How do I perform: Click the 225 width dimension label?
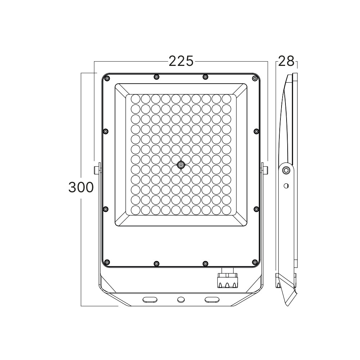pyautogui.click(x=181, y=61)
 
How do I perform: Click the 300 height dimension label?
pyautogui.click(x=81, y=187)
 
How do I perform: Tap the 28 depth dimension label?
pyautogui.click(x=286, y=61)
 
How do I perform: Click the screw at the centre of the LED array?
pyautogui.click(x=181, y=165)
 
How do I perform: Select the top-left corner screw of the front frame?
pyautogui.click(x=107, y=78)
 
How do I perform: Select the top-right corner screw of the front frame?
pyautogui.click(x=255, y=78)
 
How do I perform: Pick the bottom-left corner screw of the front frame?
pyautogui.click(x=107, y=262)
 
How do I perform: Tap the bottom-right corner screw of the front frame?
pyautogui.click(x=255, y=262)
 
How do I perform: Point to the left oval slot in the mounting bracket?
pyautogui.click(x=150, y=300)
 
